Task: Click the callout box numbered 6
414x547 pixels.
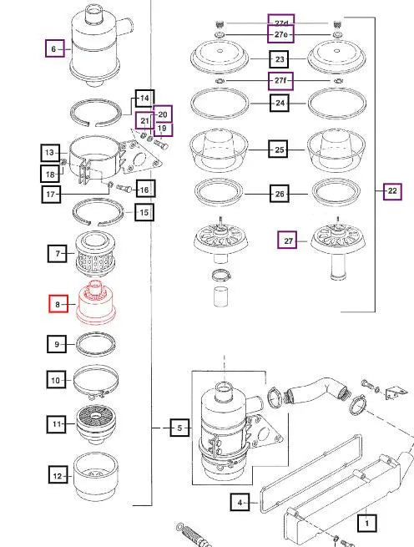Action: (53, 49)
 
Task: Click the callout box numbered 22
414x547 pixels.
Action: (392, 191)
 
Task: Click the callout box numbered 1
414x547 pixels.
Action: (365, 524)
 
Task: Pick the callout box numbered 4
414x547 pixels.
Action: (240, 503)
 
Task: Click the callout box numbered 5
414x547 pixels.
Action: (177, 428)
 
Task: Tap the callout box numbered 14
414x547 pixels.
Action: (144, 99)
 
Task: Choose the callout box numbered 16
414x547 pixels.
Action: (144, 190)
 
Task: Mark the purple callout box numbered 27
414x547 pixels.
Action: (289, 241)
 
